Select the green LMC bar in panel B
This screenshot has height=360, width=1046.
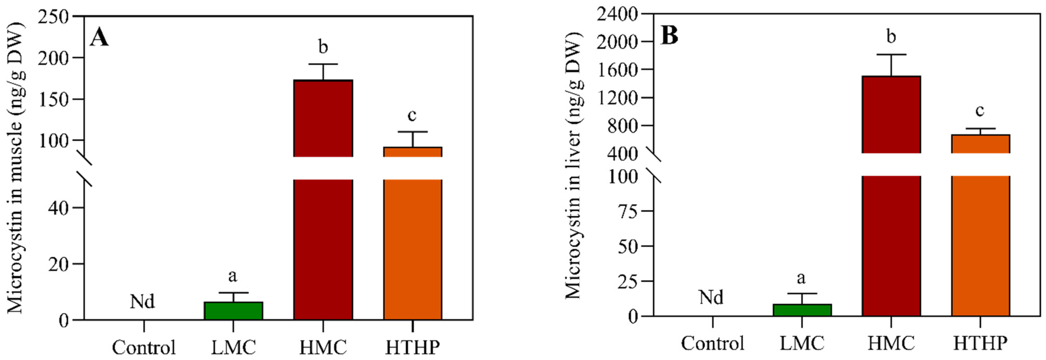click(x=802, y=310)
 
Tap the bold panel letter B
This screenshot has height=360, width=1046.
click(x=670, y=36)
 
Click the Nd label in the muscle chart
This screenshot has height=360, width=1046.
click(x=143, y=302)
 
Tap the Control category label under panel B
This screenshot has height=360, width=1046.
click(x=712, y=343)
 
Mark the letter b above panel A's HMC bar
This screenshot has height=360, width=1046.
click(x=323, y=47)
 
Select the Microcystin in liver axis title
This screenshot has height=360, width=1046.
click(x=573, y=166)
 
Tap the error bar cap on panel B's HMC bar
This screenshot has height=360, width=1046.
click(x=891, y=54)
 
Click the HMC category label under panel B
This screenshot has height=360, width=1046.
click(x=891, y=343)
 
